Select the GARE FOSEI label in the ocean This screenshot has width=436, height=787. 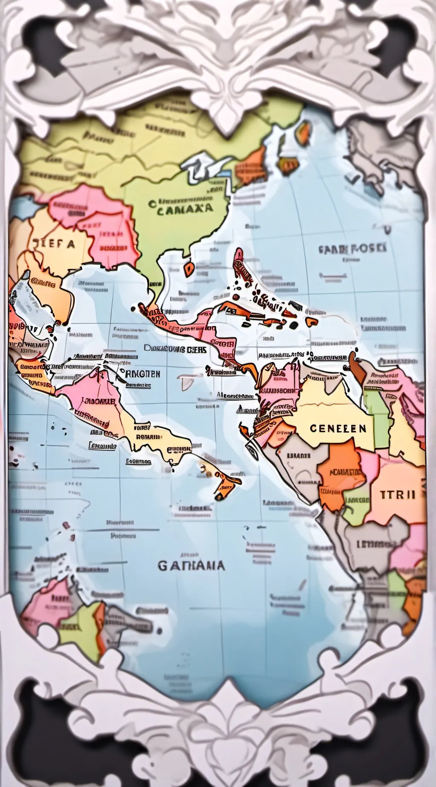click(x=352, y=248)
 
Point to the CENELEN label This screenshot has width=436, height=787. click(x=338, y=428)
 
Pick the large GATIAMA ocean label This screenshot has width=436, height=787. click(x=191, y=566)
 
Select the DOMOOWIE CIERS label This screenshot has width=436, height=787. click(x=175, y=349)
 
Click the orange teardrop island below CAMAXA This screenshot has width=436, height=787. click(x=189, y=268)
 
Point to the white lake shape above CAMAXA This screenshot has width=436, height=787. click(x=200, y=168)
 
